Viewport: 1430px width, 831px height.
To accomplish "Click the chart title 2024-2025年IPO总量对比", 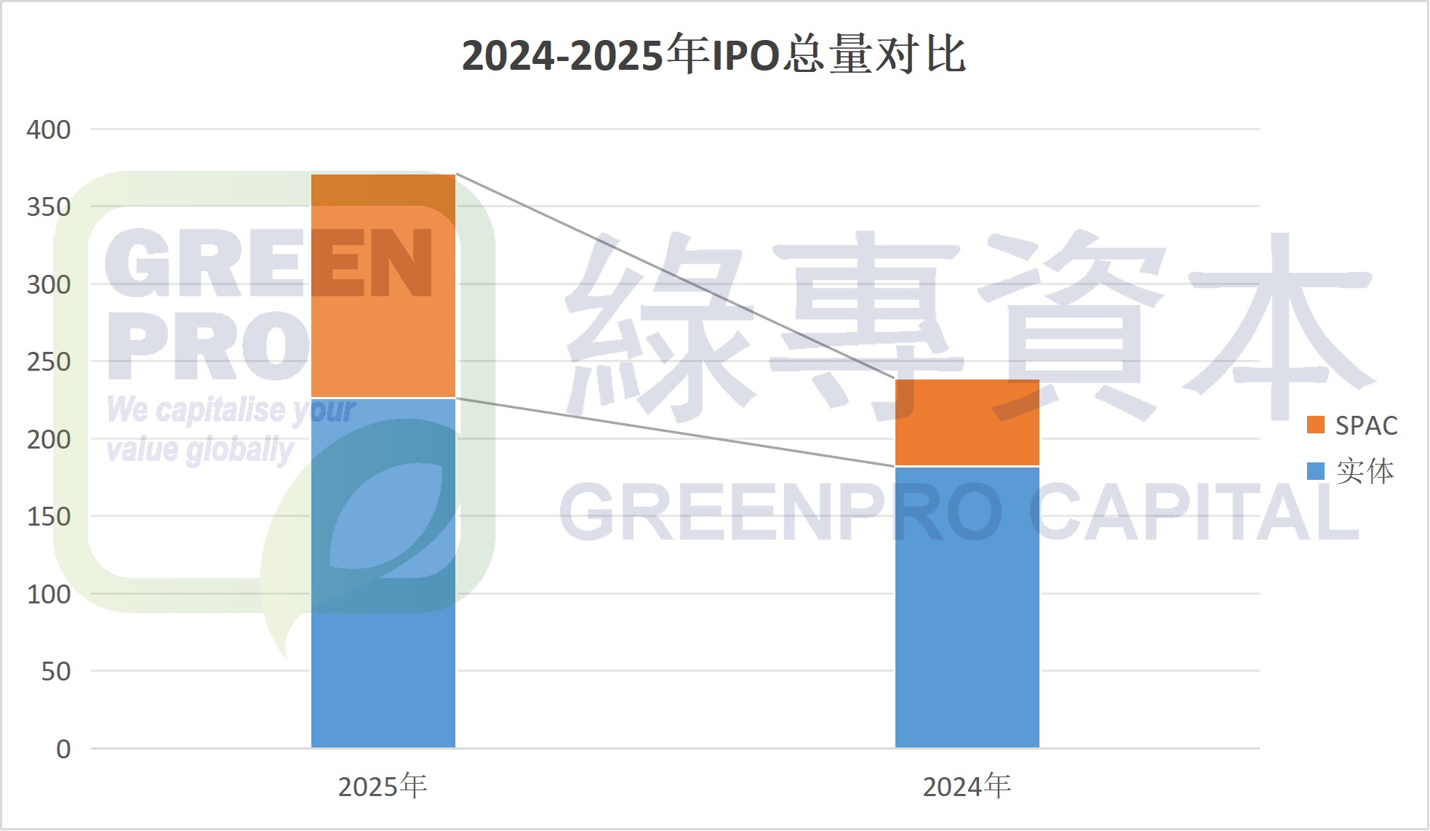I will pos(714,55).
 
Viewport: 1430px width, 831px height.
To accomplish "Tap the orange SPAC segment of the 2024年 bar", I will pos(967,422).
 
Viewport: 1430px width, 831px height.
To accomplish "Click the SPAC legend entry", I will pos(1353,425).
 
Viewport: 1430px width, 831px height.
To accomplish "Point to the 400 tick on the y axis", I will pos(49,129).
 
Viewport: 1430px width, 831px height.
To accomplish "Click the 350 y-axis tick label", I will pos(49,207).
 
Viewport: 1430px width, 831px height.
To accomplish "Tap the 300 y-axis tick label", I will pos(49,284).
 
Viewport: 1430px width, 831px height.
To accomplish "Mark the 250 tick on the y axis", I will pos(49,361).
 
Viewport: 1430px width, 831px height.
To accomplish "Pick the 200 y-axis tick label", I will pos(49,439).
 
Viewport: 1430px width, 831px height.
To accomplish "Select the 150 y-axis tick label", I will pos(49,516).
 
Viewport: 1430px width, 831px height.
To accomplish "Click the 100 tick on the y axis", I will pos(49,594).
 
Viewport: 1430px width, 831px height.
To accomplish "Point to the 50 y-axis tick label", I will pos(55,671).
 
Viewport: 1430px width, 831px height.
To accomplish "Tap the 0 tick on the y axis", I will pos(63,749).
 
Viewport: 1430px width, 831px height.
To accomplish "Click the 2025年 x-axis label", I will pos(383,787).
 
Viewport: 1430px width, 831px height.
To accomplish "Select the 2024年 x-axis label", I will pos(967,787).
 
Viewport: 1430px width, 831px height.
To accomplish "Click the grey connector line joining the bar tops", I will pos(675,276).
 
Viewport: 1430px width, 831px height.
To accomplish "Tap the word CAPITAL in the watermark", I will pos(1193,513).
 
